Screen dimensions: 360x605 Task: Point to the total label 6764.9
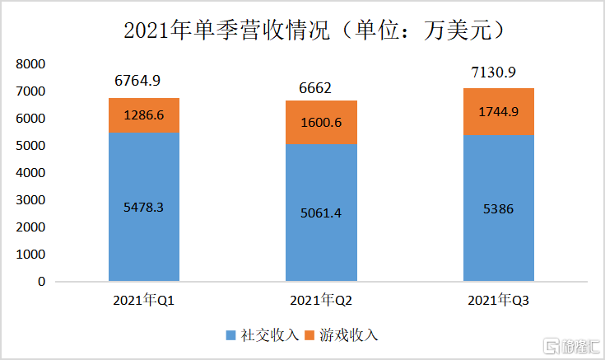[x=137, y=81]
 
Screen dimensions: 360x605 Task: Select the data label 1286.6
[x=144, y=115]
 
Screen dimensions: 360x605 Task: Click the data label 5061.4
[x=322, y=214]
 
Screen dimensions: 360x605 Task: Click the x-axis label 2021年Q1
[x=144, y=302]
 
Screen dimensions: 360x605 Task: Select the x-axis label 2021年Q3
[x=499, y=302]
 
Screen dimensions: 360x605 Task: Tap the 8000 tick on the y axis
[x=30, y=64]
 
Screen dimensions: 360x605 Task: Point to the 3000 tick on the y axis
[x=30, y=200]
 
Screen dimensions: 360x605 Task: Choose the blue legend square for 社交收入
[x=230, y=335]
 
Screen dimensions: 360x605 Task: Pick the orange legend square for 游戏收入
[x=310, y=335]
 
